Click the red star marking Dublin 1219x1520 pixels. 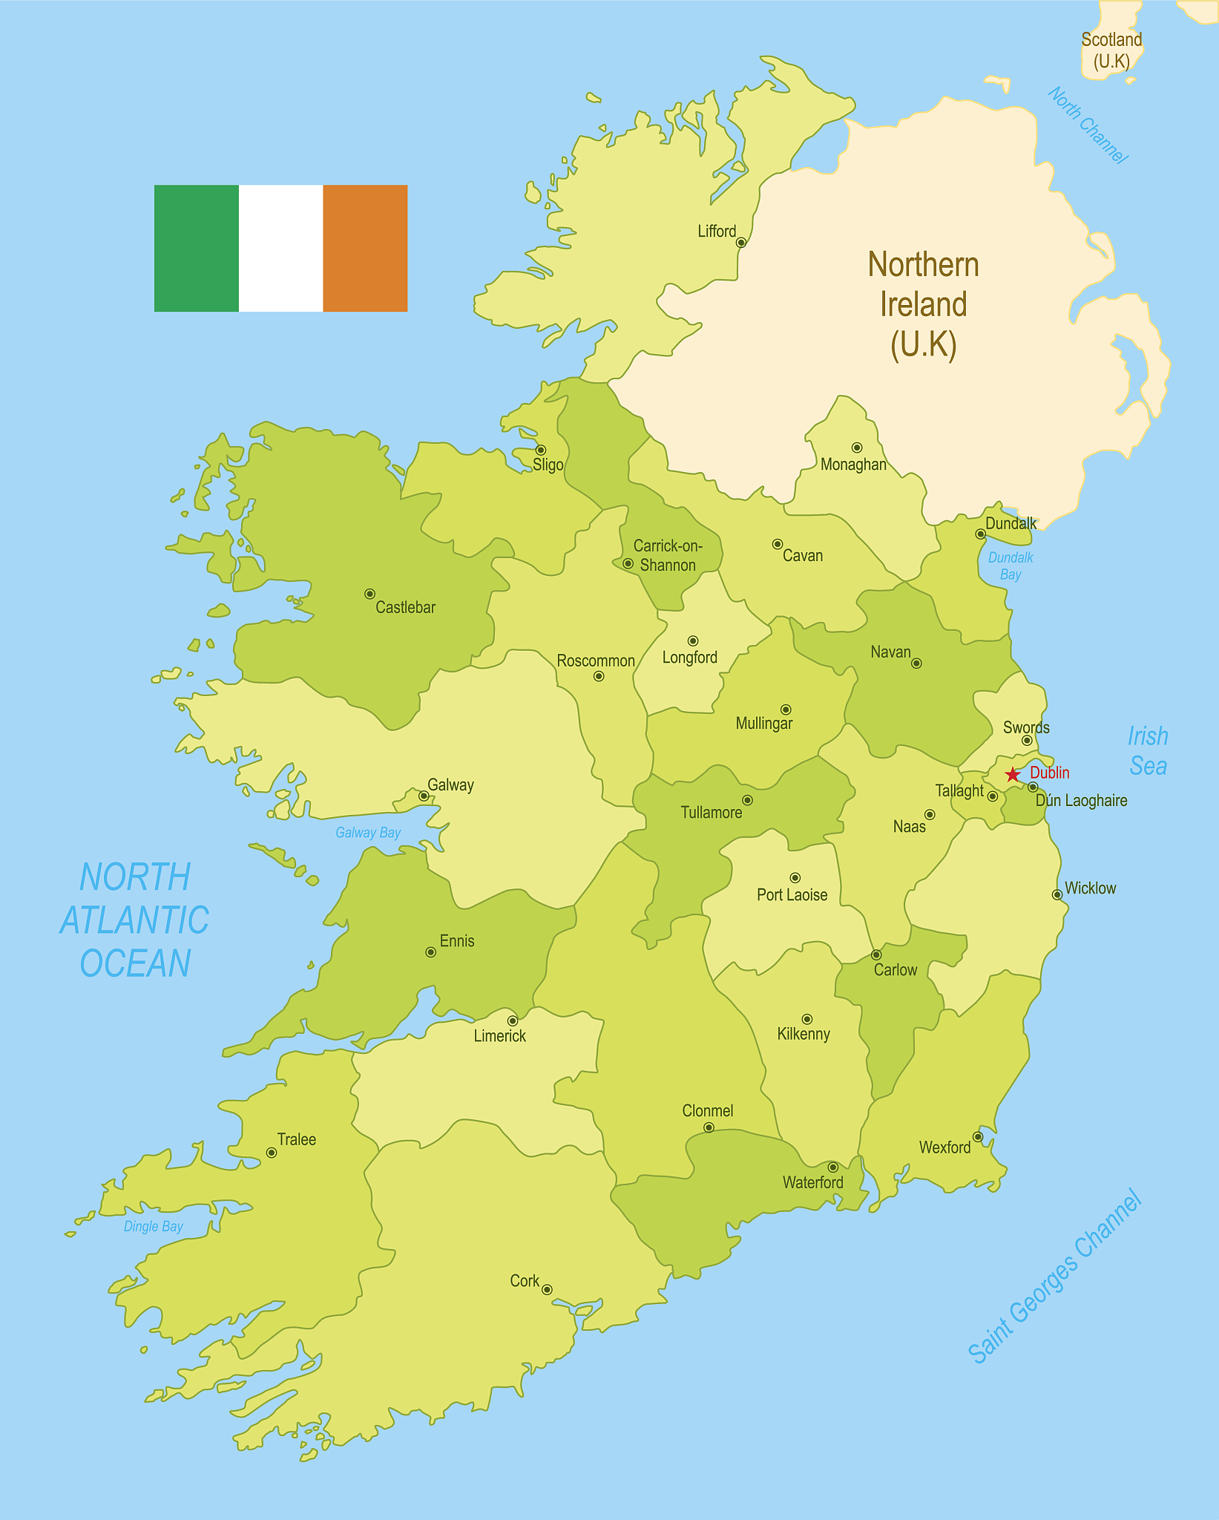click(x=1013, y=775)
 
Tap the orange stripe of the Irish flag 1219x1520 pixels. click(x=365, y=248)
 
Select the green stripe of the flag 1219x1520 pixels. click(x=197, y=248)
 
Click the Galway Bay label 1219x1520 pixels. click(x=368, y=833)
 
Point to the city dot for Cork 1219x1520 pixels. click(x=547, y=1289)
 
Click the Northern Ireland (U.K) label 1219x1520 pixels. click(x=923, y=304)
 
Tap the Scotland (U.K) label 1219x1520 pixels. click(x=1111, y=50)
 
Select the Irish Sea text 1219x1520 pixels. click(x=1148, y=751)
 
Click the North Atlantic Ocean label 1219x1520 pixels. click(x=135, y=920)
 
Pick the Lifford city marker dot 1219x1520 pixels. click(x=740, y=242)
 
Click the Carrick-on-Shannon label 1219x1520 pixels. click(x=667, y=555)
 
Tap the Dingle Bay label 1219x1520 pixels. click(x=154, y=1226)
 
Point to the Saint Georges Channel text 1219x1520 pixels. click(x=1055, y=1277)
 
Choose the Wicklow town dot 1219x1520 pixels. click(x=1057, y=894)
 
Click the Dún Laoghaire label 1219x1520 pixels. click(x=1081, y=800)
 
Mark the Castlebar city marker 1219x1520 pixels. click(x=369, y=594)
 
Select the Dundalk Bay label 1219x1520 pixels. click(x=1011, y=566)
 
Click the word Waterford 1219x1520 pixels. click(x=812, y=1182)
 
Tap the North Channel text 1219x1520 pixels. click(x=1088, y=125)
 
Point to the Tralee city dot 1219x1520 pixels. click(x=272, y=1153)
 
